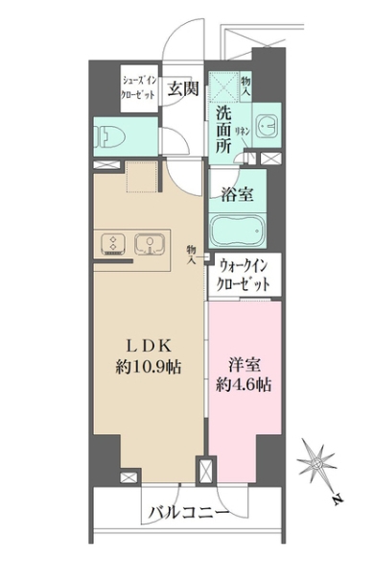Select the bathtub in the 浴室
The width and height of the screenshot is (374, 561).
(x=236, y=232)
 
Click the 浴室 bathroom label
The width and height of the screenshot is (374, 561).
(x=238, y=194)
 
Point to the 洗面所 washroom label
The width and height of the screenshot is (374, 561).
(x=223, y=127)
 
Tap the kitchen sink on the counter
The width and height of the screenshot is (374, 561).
(x=149, y=244)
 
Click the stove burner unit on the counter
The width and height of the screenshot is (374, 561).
(x=112, y=244)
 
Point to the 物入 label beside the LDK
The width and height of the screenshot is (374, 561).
(x=193, y=253)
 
